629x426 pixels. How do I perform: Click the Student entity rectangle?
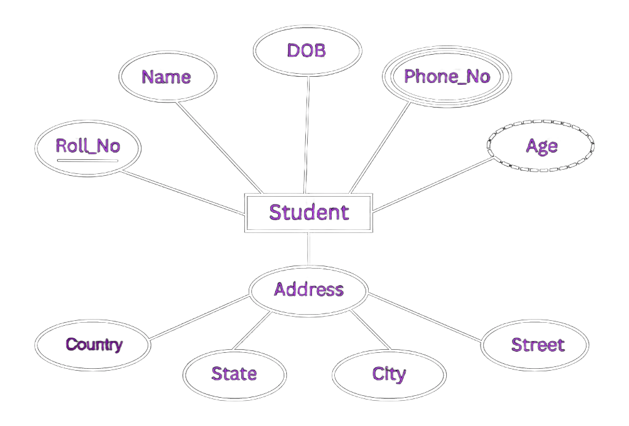pyautogui.click(x=308, y=213)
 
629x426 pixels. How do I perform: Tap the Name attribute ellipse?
pyautogui.click(x=167, y=77)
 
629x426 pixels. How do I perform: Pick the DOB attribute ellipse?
pyautogui.click(x=307, y=50)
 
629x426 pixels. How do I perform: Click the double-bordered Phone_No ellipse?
pyautogui.click(x=447, y=76)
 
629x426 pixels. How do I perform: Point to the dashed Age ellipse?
pyautogui.click(x=541, y=146)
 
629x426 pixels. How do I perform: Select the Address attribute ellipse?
pyautogui.click(x=308, y=290)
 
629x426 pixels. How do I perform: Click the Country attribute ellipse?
pyautogui.click(x=93, y=345)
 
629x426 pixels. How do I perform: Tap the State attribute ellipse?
pyautogui.click(x=234, y=374)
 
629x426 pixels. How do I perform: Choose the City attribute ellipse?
pyautogui.click(x=389, y=374)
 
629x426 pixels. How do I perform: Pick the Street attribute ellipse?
pyautogui.click(x=535, y=345)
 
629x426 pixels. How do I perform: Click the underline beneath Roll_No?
pyautogui.click(x=88, y=160)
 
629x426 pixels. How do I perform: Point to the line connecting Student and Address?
pyautogui.click(x=308, y=249)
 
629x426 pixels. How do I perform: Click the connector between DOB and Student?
pyautogui.click(x=306, y=135)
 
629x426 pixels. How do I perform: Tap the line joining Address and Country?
pyautogui.click(x=199, y=317)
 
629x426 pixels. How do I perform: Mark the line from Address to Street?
pyautogui.click(x=425, y=317)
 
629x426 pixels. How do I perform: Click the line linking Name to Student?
pyautogui.click(x=220, y=148)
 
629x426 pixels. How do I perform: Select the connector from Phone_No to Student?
pyautogui.click(x=379, y=148)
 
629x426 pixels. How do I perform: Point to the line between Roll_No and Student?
pyautogui.click(x=183, y=192)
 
